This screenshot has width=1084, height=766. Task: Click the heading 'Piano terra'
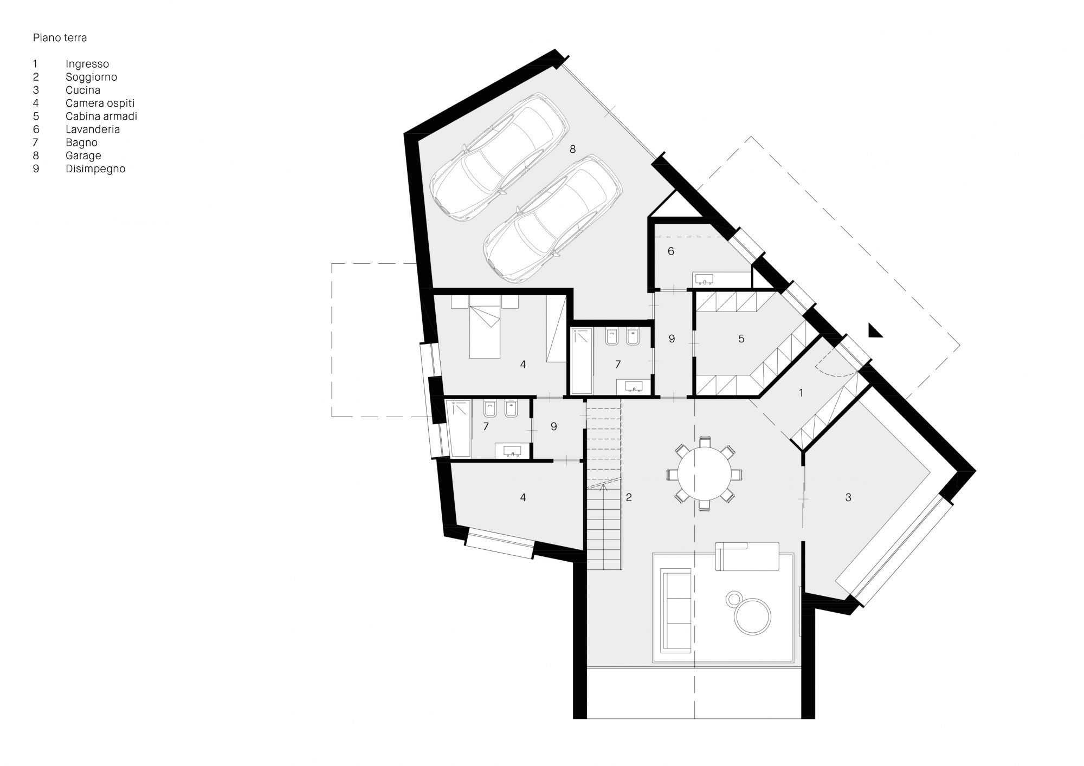point(60,38)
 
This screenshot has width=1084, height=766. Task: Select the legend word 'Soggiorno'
point(91,77)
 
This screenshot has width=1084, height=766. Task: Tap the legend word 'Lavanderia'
point(93,129)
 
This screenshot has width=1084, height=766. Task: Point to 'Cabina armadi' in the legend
point(101,116)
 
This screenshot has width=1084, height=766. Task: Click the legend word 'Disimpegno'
point(95,169)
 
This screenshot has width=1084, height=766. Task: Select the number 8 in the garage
point(572,149)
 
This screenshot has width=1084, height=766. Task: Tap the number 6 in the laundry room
point(671,251)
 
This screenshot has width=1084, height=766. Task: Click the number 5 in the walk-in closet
point(741,339)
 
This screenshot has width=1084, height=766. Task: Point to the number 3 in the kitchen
point(848,497)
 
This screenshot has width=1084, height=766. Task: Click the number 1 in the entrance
point(801,393)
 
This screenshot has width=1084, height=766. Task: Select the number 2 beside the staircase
point(629,497)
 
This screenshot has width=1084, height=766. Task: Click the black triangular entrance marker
point(873,331)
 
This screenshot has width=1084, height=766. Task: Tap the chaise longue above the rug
point(747,556)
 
